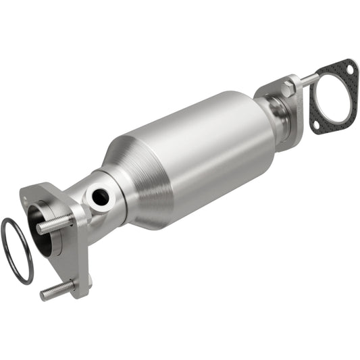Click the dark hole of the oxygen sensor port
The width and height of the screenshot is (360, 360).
coord(100,197)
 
